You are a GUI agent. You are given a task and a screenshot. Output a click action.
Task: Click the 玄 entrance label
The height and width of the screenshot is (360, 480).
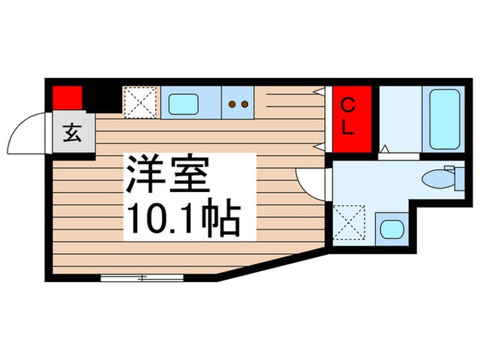71,132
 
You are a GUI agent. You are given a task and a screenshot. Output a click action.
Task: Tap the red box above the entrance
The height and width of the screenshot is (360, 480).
68,98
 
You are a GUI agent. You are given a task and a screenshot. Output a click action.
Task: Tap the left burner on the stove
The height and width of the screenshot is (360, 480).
232,104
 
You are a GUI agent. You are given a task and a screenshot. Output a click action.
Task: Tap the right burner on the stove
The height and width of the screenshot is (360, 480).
243,104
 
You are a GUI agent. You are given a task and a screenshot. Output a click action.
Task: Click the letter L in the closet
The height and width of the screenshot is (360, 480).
349,129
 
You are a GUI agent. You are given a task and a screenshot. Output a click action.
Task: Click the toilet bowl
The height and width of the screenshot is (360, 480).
434,180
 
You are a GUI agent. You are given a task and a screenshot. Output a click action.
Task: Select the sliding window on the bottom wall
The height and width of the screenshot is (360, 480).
142,278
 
